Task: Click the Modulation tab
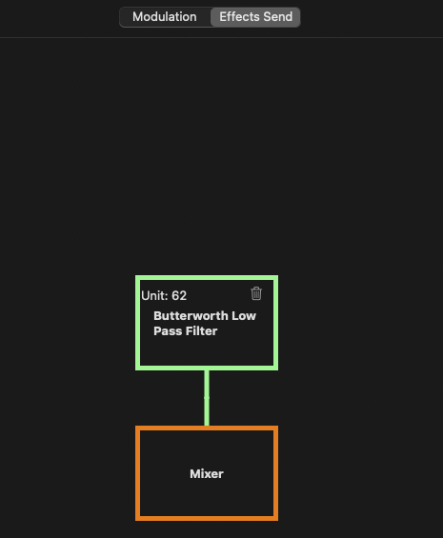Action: pos(165,17)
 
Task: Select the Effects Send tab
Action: pos(255,17)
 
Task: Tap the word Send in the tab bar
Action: pos(278,17)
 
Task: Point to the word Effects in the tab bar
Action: pos(239,17)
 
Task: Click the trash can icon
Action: pos(256,293)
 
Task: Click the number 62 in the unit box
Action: pos(179,296)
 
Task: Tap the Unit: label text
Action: pos(154,296)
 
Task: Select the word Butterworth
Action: pos(191,316)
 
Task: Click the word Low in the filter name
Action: pos(244,316)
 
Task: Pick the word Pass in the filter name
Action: pos(167,331)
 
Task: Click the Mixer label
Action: pos(207,474)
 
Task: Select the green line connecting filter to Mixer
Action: pos(207,398)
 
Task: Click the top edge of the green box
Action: pos(207,278)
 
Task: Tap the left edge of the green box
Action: pos(138,323)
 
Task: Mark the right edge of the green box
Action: pos(275,323)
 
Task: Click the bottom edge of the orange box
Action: pos(207,518)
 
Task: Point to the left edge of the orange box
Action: pos(138,473)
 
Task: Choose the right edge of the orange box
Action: pos(275,473)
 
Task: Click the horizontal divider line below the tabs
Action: pos(221,37)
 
